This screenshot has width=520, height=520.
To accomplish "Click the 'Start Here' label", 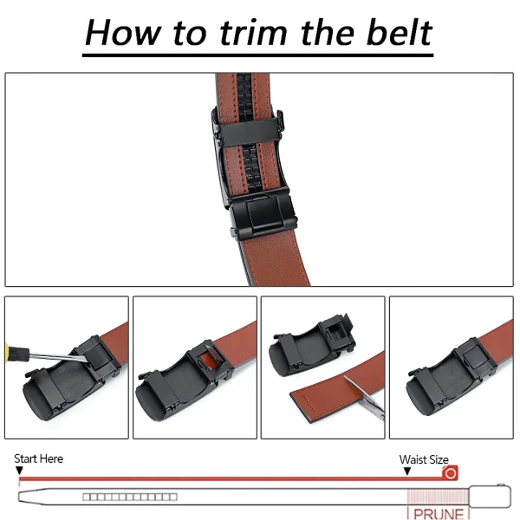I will (38, 458).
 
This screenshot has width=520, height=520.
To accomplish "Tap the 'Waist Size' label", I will (424, 459).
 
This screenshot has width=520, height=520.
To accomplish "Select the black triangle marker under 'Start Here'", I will (19, 470).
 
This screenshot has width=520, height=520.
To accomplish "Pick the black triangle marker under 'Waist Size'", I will (407, 471).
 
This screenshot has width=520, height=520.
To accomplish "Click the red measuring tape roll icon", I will (450, 474).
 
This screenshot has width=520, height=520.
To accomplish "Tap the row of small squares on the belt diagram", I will (130, 497).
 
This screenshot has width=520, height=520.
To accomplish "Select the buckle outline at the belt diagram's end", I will (492, 497).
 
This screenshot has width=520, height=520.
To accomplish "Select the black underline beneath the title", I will (259, 55).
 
